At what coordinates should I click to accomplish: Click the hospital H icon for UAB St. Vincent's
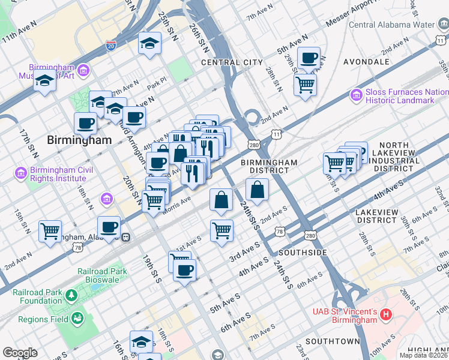(387, 314)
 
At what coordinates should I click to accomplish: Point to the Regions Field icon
(77, 318)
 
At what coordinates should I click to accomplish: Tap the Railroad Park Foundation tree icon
(72, 295)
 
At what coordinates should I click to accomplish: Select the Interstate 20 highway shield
(110, 44)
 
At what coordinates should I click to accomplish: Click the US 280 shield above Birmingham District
(255, 145)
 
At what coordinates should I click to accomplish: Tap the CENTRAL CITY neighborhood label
(232, 62)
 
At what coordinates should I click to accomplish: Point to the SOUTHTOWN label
(332, 341)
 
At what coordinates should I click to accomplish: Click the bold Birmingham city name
(79, 140)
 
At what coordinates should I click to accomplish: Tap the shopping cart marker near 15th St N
(50, 230)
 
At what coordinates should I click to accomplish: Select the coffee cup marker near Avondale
(309, 58)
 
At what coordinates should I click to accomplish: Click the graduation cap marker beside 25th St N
(149, 43)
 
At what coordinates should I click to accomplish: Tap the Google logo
(20, 353)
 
